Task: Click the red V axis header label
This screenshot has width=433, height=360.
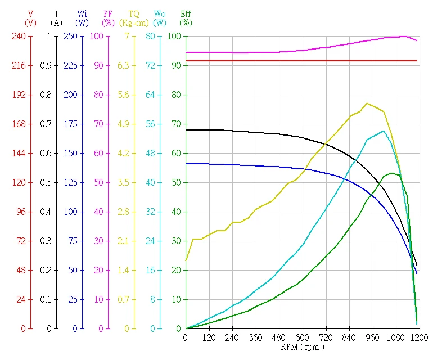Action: (30, 13)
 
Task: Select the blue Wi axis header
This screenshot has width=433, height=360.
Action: (83, 13)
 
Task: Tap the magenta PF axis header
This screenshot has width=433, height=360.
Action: (108, 13)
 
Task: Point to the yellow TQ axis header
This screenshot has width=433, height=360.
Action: (134, 13)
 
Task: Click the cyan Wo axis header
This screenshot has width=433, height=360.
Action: (160, 13)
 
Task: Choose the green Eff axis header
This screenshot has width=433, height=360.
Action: (186, 13)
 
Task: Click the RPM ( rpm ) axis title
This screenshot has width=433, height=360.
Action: (302, 347)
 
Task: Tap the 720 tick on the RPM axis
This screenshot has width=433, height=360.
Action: (326, 337)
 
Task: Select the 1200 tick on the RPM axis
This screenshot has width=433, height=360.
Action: (418, 337)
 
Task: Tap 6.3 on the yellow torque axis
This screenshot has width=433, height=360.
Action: (123, 65)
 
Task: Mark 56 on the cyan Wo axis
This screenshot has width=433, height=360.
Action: (150, 124)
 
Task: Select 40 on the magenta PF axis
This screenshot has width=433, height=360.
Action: (98, 211)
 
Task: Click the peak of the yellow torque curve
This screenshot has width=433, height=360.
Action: (367, 103)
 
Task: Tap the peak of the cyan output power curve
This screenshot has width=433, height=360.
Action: (384, 130)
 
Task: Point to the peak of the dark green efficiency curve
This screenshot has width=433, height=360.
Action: (392, 173)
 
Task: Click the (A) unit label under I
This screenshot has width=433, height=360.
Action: (56, 23)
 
